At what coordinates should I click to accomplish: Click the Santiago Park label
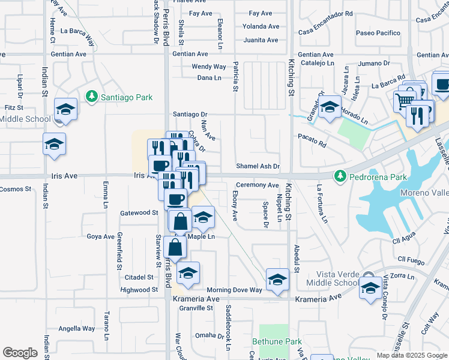point(126,97)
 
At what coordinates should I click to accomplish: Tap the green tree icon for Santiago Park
point(91,96)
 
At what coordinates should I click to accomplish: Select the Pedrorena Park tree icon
point(341,176)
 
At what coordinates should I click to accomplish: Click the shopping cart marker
point(405,101)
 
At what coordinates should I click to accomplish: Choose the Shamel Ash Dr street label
point(258,166)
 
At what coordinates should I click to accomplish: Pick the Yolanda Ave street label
point(261,26)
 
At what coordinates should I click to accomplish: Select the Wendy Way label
point(208,67)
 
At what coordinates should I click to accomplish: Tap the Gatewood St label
point(139,213)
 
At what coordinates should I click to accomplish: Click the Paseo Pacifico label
point(378,33)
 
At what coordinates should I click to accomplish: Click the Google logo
point(20,353)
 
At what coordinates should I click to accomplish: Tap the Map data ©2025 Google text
point(411,355)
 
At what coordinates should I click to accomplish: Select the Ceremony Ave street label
point(258,185)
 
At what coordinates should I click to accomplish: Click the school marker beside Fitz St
point(65,110)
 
